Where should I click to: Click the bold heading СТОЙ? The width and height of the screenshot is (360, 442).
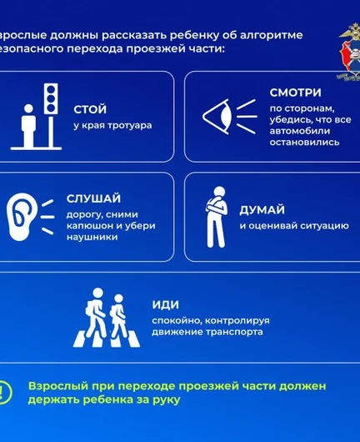click(90, 109)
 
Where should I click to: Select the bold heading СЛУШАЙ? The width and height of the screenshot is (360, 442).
click(92, 198)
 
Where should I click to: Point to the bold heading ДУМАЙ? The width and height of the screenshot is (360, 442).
click(262, 210)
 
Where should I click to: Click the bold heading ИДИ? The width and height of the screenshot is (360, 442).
click(166, 305)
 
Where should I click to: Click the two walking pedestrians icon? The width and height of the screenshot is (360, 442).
click(105, 318)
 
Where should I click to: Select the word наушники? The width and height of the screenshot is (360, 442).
click(92, 237)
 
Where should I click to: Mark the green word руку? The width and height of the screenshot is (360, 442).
click(166, 400)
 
